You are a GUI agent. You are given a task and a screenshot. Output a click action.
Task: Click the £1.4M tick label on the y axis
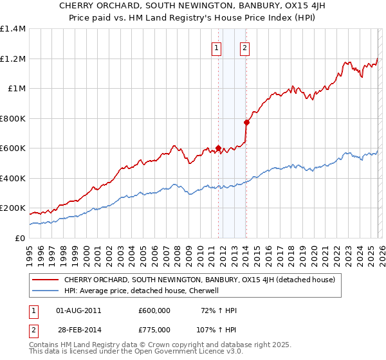tap(13, 29)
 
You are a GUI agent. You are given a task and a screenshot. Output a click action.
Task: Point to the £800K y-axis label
tap(13, 118)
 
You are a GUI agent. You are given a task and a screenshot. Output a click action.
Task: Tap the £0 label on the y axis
tap(19, 238)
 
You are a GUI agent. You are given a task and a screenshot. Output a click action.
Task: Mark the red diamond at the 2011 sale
tap(219, 148)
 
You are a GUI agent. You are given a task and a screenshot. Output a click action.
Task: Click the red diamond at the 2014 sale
tap(246, 122)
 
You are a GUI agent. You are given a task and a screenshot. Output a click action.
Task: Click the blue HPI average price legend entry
tap(142, 291)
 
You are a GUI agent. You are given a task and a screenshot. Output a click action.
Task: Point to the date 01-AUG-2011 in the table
tap(78, 310)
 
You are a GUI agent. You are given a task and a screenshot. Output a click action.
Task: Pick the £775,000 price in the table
tap(154, 328)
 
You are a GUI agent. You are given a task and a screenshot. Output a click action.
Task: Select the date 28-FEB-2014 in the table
tap(78, 328)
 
